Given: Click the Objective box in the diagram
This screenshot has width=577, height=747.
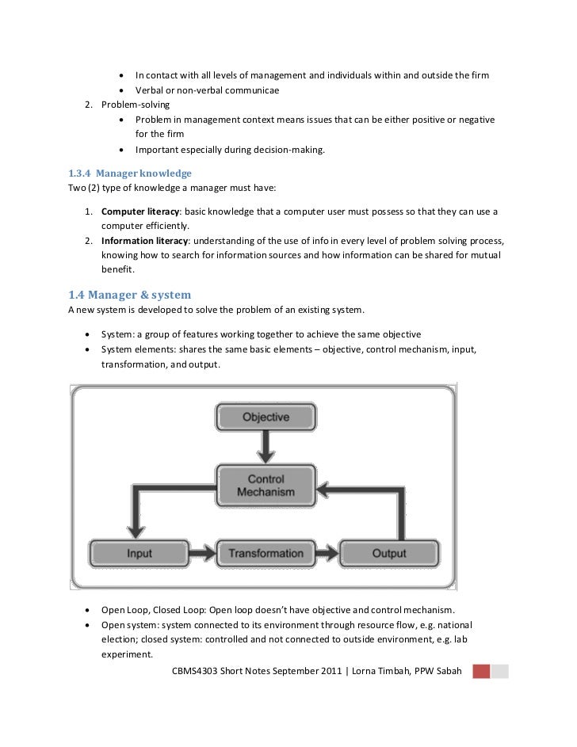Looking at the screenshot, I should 265,417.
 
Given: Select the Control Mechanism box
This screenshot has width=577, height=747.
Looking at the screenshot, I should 266,486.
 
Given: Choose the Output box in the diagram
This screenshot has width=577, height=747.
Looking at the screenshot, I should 388,553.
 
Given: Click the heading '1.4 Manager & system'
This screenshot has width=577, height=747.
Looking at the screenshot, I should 131,295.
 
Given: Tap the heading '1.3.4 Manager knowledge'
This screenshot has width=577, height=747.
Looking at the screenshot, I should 131,173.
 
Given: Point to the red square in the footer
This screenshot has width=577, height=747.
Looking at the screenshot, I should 481,673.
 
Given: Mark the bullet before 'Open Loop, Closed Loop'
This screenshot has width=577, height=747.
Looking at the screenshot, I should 85,611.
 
